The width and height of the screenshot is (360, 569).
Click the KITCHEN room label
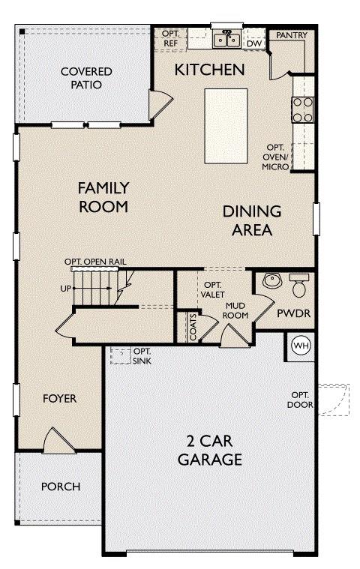[x=210, y=70]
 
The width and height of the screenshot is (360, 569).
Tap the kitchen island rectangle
[x=226, y=125]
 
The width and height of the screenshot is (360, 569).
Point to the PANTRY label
[x=290, y=35]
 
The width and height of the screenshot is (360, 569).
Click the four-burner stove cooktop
[x=303, y=109]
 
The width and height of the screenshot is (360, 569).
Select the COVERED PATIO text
[x=87, y=78]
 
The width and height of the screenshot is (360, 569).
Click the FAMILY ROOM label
[x=103, y=196]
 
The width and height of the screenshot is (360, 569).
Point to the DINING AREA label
[x=252, y=220]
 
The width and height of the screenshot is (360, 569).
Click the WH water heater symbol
[x=301, y=346]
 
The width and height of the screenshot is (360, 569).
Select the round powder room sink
[x=271, y=282]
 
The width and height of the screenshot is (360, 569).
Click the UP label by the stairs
[x=64, y=289]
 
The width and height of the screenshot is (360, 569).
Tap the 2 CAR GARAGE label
[x=210, y=450]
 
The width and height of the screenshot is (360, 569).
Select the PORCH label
[x=60, y=487]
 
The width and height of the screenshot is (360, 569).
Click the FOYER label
[x=59, y=399]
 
